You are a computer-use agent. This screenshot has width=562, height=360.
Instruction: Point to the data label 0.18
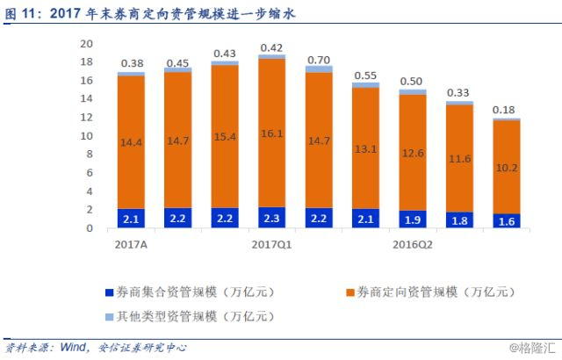(504, 109)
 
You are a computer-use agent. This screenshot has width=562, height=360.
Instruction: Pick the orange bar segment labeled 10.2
(504, 167)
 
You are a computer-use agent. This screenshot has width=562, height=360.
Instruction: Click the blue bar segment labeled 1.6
(504, 220)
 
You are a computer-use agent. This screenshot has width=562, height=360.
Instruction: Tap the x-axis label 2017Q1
(272, 245)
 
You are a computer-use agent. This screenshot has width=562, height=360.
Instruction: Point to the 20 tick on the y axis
(86, 44)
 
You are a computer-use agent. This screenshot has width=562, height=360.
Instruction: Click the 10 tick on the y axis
(86, 136)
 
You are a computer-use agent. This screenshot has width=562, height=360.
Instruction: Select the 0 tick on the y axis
(89, 228)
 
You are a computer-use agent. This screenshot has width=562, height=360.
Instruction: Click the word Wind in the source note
(76, 347)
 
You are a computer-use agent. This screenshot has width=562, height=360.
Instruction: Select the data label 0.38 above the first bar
(131, 63)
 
